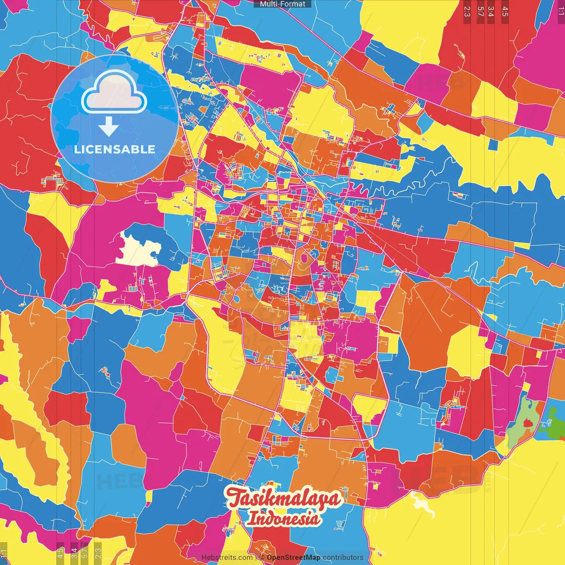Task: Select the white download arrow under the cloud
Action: (108, 127)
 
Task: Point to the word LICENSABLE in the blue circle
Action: (115, 149)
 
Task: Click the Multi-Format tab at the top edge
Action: (282, 4)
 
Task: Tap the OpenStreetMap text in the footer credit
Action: (293, 557)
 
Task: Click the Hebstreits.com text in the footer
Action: (227, 557)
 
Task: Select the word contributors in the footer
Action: (343, 557)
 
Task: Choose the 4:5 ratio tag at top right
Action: (505, 11)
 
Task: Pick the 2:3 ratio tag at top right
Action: (467, 11)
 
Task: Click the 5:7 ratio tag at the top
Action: (480, 11)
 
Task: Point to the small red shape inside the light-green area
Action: (527, 423)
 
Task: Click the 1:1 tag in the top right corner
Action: (561, 11)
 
